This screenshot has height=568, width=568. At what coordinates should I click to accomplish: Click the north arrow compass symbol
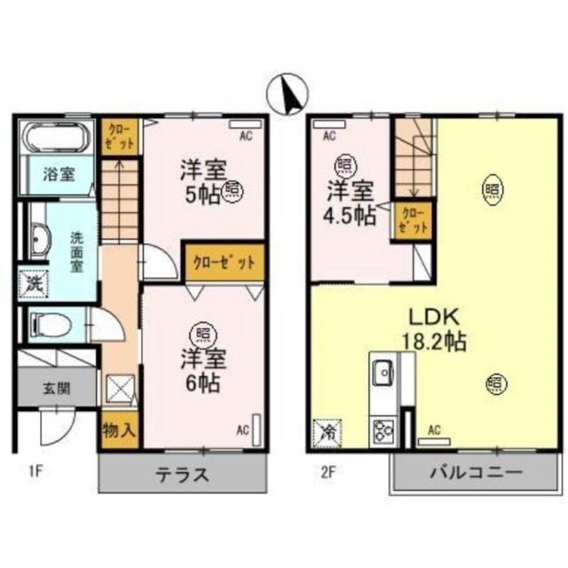click(288, 94)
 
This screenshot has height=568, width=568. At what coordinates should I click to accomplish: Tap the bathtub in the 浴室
click(55, 138)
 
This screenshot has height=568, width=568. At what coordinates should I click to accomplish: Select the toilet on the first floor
click(51, 323)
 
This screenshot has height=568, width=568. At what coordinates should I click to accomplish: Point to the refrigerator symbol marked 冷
click(327, 433)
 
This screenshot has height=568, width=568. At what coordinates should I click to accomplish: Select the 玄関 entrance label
click(57, 389)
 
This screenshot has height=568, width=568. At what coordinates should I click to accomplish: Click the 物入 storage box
click(119, 430)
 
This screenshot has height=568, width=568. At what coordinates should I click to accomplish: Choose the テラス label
click(183, 474)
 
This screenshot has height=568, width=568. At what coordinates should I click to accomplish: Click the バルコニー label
click(476, 472)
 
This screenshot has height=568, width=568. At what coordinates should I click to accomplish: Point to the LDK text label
click(434, 317)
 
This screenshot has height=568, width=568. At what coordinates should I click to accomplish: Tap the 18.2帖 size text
click(434, 341)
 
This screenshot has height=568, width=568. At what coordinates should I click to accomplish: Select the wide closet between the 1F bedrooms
click(225, 263)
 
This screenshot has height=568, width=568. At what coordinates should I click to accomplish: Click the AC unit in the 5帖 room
click(246, 124)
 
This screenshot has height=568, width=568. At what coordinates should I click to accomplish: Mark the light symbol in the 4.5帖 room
click(347, 165)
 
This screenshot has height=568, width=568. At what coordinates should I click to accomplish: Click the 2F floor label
click(327, 472)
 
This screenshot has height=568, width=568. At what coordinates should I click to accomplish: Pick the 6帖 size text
click(203, 383)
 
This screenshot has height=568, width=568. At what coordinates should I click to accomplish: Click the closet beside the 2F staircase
click(413, 221)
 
